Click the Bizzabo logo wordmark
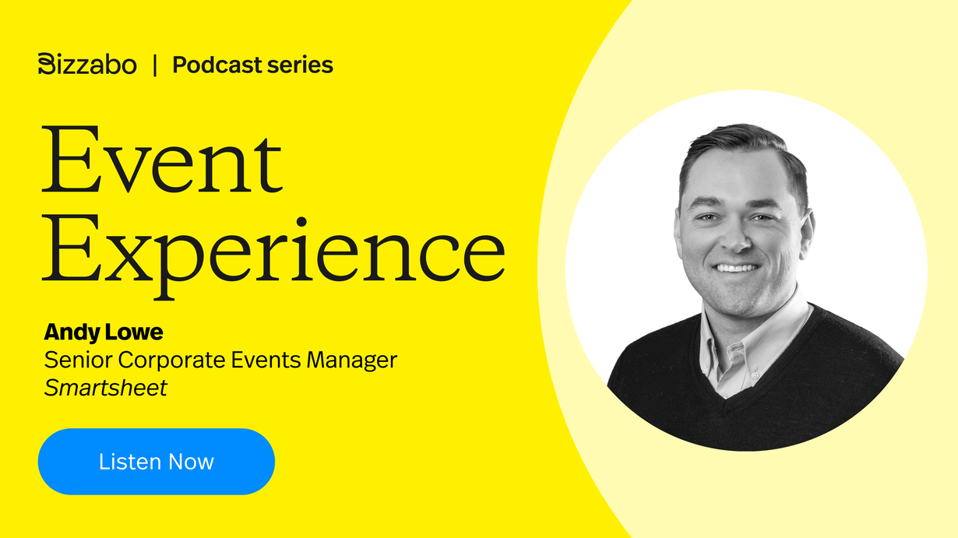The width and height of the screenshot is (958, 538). point(87,64)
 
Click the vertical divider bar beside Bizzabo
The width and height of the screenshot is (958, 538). point(155,65)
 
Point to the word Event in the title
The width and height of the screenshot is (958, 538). point(162,159)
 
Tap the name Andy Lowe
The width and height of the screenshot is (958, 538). point(104,332)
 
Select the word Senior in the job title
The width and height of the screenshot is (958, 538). point(79,360)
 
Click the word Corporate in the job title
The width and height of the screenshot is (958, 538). point(171,360)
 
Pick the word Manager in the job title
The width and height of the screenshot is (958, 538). point(352,360)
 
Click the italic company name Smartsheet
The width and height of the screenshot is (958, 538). point(105,388)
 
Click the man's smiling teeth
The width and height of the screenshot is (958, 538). point(737,268)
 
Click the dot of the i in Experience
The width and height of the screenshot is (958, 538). point(302,222)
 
